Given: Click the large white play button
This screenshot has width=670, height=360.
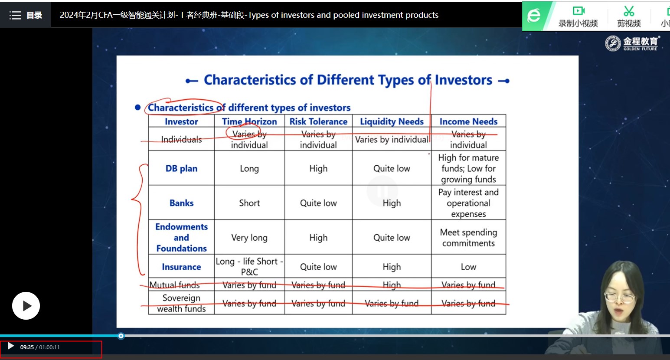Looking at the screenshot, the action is click(x=26, y=306).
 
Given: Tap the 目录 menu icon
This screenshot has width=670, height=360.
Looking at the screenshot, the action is click(x=15, y=15).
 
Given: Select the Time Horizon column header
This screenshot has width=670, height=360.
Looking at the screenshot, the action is click(x=249, y=121).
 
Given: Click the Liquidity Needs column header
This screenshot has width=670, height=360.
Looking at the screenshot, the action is click(x=392, y=121).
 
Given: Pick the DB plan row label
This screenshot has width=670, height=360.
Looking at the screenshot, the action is click(x=181, y=168).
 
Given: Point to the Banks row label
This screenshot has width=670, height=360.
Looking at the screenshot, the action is click(x=181, y=203).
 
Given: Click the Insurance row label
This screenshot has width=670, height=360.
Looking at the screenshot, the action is click(x=181, y=267).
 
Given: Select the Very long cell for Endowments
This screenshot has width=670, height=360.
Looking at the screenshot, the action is click(x=249, y=238).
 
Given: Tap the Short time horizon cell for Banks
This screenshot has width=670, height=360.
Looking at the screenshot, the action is click(x=249, y=203).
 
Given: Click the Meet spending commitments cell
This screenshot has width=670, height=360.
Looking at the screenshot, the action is click(x=468, y=238).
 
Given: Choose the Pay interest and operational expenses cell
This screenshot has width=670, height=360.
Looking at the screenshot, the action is click(x=468, y=203).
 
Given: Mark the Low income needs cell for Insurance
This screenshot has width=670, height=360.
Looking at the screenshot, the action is click(x=468, y=267).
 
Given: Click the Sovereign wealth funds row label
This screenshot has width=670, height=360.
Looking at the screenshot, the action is click(x=181, y=303).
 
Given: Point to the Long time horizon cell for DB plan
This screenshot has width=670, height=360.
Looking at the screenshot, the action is click(x=249, y=168).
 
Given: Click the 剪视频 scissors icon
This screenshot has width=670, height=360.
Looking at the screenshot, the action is click(x=629, y=11).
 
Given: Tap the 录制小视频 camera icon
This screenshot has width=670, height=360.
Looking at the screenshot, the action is click(x=578, y=11).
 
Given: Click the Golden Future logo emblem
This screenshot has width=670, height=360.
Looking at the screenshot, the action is click(x=613, y=43).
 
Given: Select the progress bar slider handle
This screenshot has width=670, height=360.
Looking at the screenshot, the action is click(x=121, y=336).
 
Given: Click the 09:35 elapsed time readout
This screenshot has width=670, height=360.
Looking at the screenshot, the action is click(x=27, y=347).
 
